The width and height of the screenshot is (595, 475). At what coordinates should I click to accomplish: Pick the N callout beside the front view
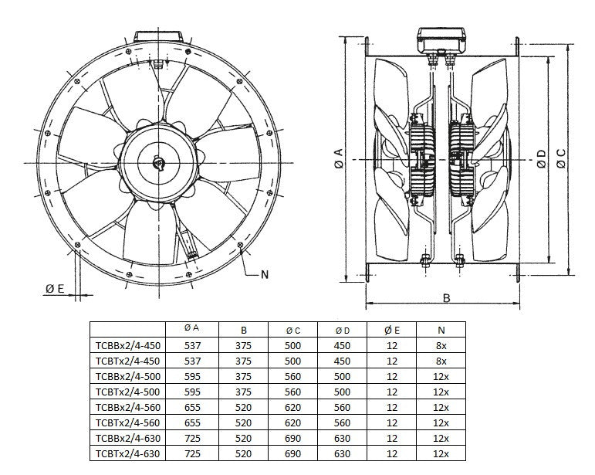click(x=265, y=274)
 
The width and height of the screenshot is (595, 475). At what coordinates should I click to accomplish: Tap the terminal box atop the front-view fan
click(x=159, y=37)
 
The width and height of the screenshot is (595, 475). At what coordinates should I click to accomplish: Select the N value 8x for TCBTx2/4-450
click(x=441, y=361)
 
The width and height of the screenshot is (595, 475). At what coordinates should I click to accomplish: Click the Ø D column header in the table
click(x=342, y=330)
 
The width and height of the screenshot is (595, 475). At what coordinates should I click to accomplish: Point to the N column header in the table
click(x=441, y=330)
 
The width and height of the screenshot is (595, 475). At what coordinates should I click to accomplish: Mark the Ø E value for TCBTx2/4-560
click(x=391, y=422)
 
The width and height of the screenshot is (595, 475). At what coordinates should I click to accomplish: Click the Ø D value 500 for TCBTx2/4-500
click(x=342, y=392)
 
